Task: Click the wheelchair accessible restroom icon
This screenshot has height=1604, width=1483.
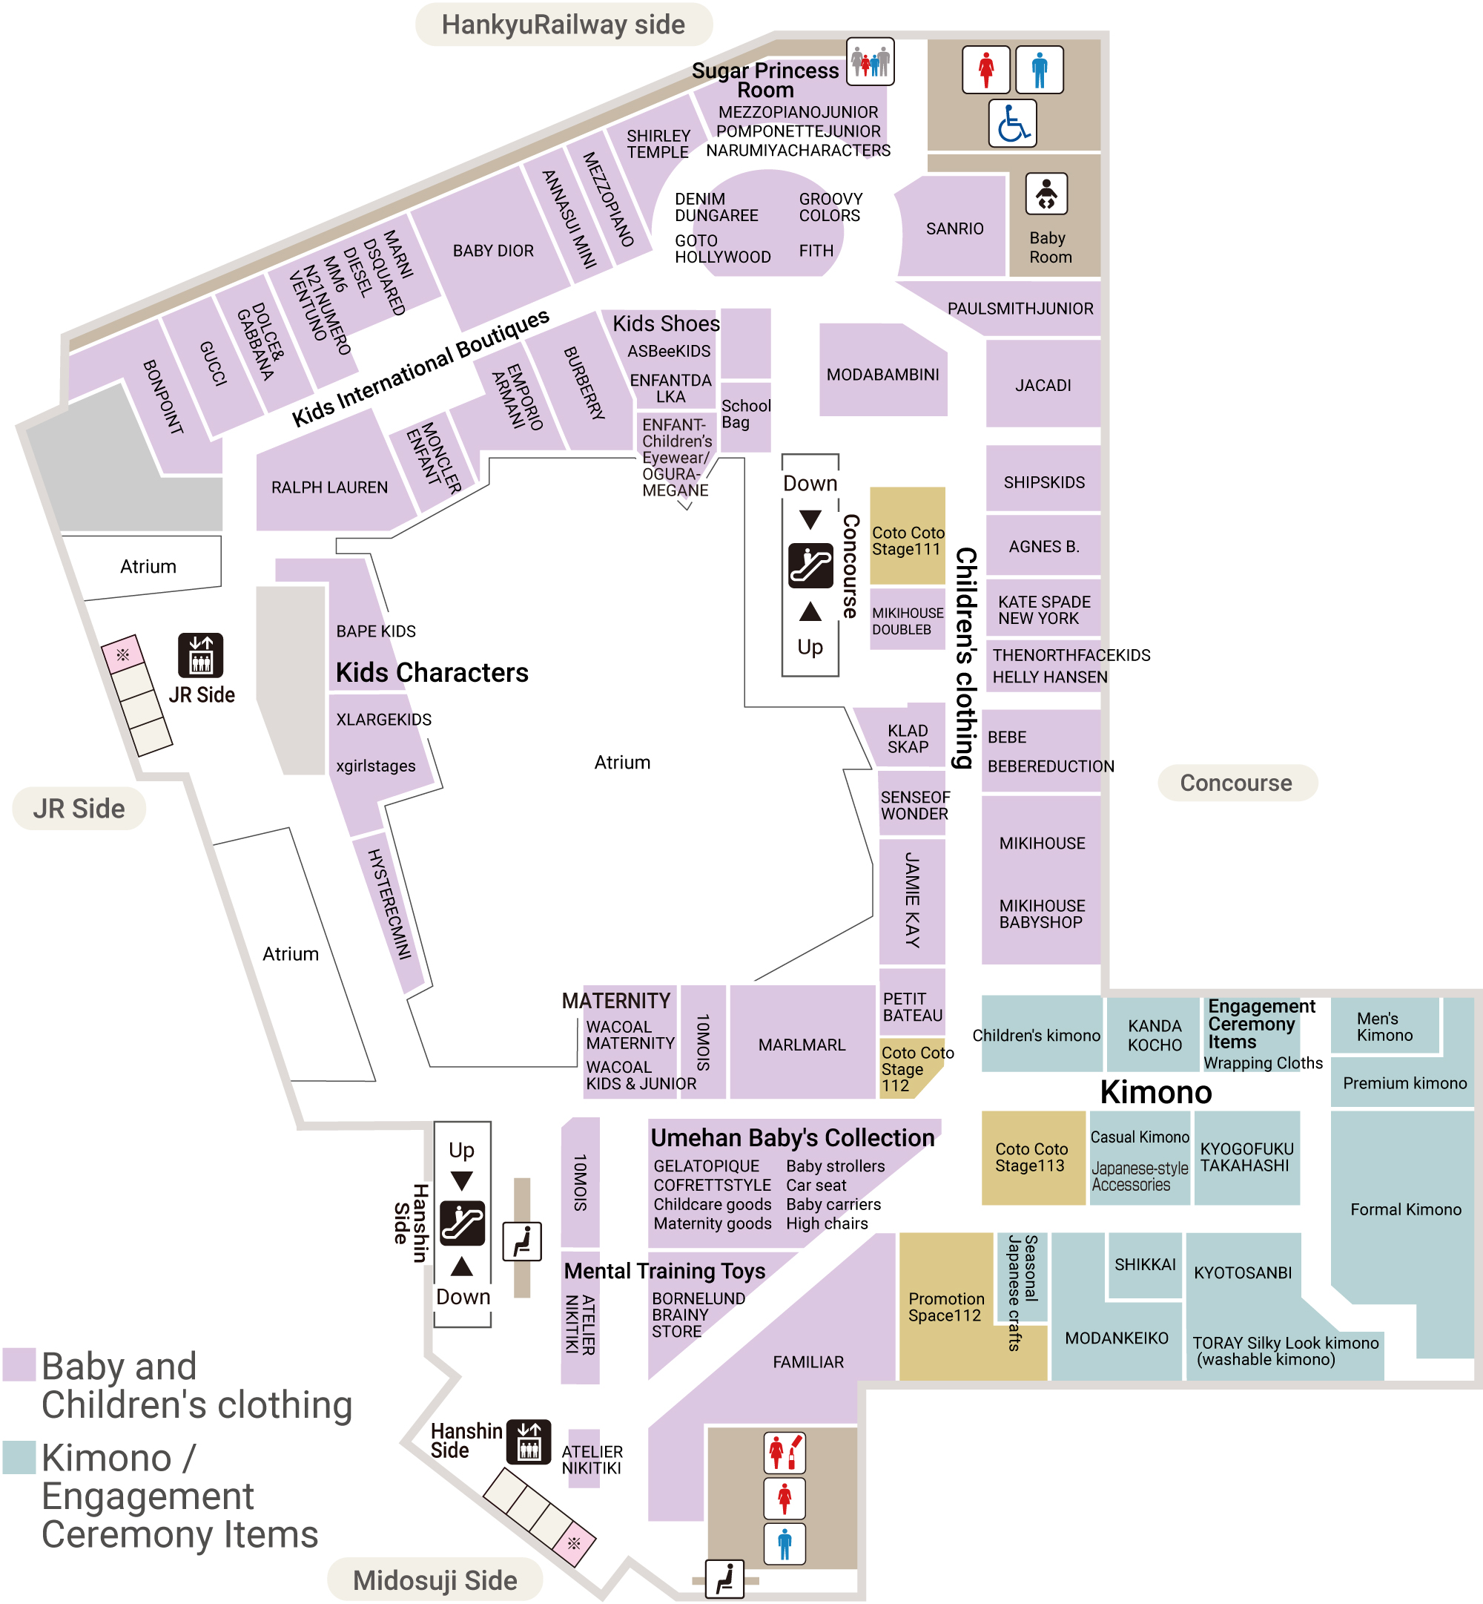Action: [1012, 124]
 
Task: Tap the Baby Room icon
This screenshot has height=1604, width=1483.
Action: [1046, 194]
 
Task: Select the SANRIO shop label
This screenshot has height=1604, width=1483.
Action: [954, 229]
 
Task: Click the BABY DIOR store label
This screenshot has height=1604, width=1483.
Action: [493, 251]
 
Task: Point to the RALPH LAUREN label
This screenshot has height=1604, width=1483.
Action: [329, 487]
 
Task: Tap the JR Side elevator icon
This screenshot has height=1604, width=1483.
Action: [201, 655]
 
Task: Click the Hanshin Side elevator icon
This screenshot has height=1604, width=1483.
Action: [529, 1442]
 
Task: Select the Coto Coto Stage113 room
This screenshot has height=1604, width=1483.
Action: [1032, 1157]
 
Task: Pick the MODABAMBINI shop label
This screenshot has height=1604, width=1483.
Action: [882, 375]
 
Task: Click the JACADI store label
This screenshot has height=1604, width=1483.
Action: [1043, 385]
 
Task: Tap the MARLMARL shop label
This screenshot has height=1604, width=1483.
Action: [802, 1045]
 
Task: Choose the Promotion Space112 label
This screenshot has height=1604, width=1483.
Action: [946, 1307]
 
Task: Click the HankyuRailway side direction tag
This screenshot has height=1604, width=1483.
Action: [564, 25]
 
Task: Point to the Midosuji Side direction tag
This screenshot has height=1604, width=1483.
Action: [435, 1580]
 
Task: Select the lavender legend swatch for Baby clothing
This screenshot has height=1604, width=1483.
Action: [19, 1364]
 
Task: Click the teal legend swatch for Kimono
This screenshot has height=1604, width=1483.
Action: [19, 1457]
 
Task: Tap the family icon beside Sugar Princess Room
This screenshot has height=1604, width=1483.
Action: [870, 61]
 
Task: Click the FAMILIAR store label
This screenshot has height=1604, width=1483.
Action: [808, 1361]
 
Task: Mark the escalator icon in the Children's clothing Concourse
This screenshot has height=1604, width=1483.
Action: [810, 566]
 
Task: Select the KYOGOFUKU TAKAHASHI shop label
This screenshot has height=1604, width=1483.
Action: [1246, 1157]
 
